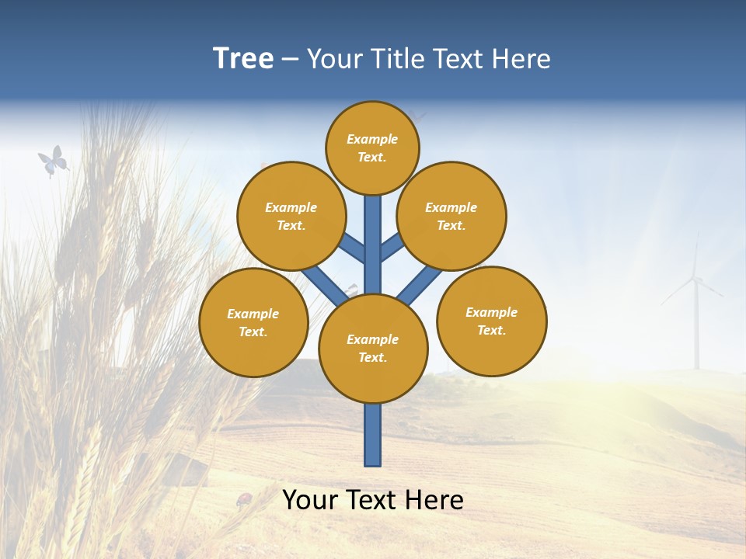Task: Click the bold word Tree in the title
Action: click(x=243, y=59)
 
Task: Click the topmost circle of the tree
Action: click(x=372, y=148)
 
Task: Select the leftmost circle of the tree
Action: click(x=253, y=323)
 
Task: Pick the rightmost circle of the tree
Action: click(x=492, y=321)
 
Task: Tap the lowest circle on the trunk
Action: click(x=373, y=349)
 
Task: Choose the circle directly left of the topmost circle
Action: click(x=291, y=216)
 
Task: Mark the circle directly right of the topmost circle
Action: click(x=451, y=216)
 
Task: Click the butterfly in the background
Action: click(x=53, y=161)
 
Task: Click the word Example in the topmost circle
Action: click(x=372, y=140)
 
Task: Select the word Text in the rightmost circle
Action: click(x=491, y=331)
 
